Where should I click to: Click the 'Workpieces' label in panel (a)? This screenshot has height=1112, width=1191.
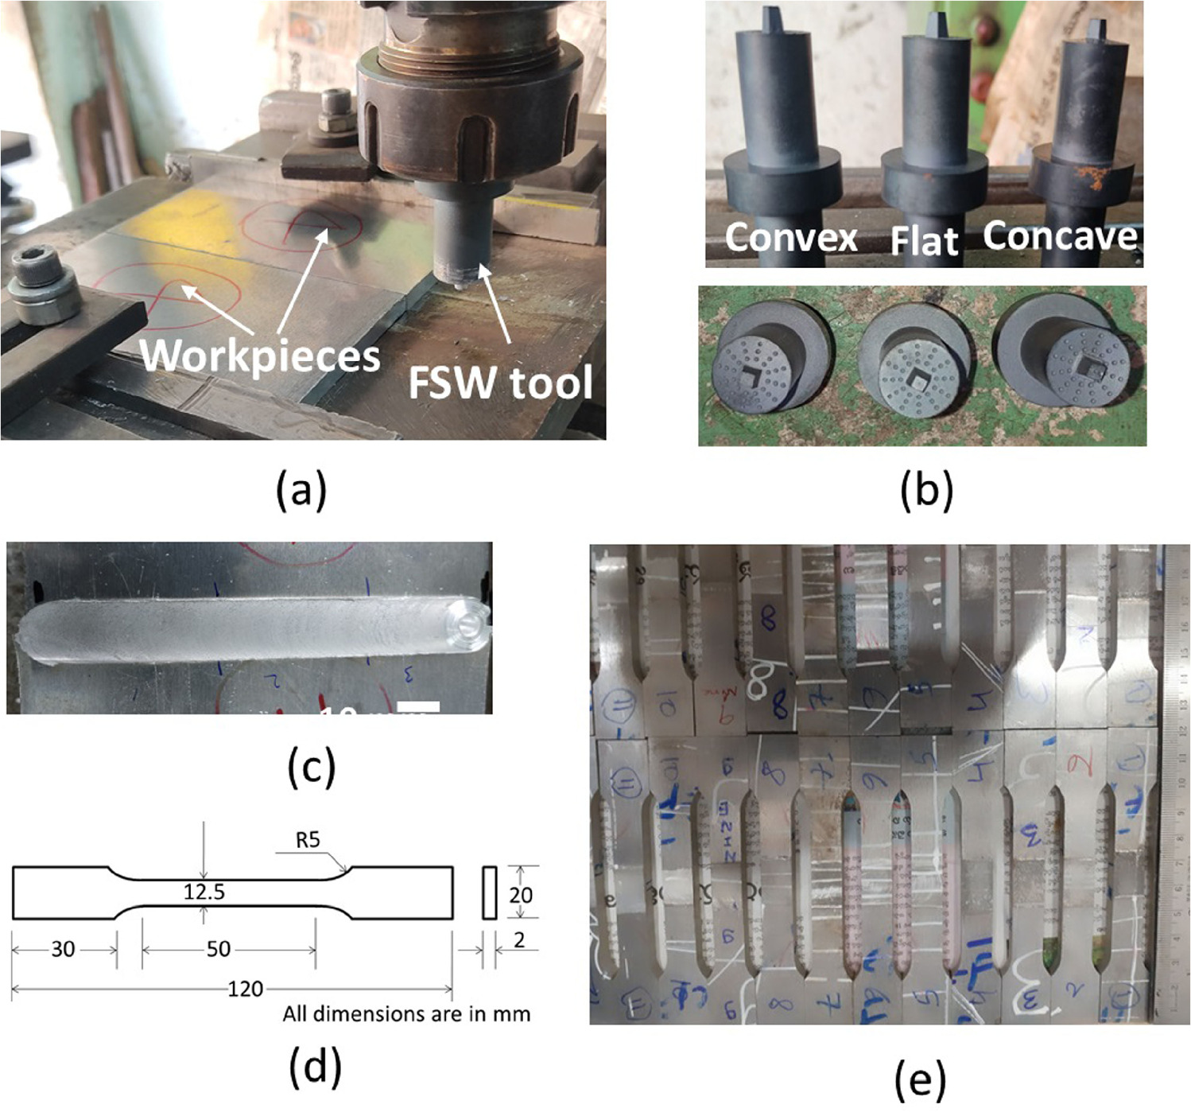[260, 355]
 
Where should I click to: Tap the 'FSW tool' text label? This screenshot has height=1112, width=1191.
[500, 383]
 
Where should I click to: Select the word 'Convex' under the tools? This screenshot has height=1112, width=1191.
[791, 237]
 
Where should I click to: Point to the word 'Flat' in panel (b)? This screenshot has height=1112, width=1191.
[924, 240]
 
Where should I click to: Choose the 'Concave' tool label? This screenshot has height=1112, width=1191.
[1061, 235]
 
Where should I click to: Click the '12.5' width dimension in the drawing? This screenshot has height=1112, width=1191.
[204, 892]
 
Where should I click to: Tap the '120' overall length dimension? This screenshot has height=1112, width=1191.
[245, 989]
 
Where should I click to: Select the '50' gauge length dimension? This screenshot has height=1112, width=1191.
[218, 948]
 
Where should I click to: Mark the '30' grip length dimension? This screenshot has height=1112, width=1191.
[63, 948]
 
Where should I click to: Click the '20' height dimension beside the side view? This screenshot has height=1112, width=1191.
[521, 895]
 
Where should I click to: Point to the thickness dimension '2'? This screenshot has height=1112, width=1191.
[519, 940]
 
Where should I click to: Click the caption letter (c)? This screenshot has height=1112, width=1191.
[311, 766]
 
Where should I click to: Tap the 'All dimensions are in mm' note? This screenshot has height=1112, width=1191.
[406, 1014]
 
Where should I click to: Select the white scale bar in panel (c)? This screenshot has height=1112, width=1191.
[418, 706]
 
